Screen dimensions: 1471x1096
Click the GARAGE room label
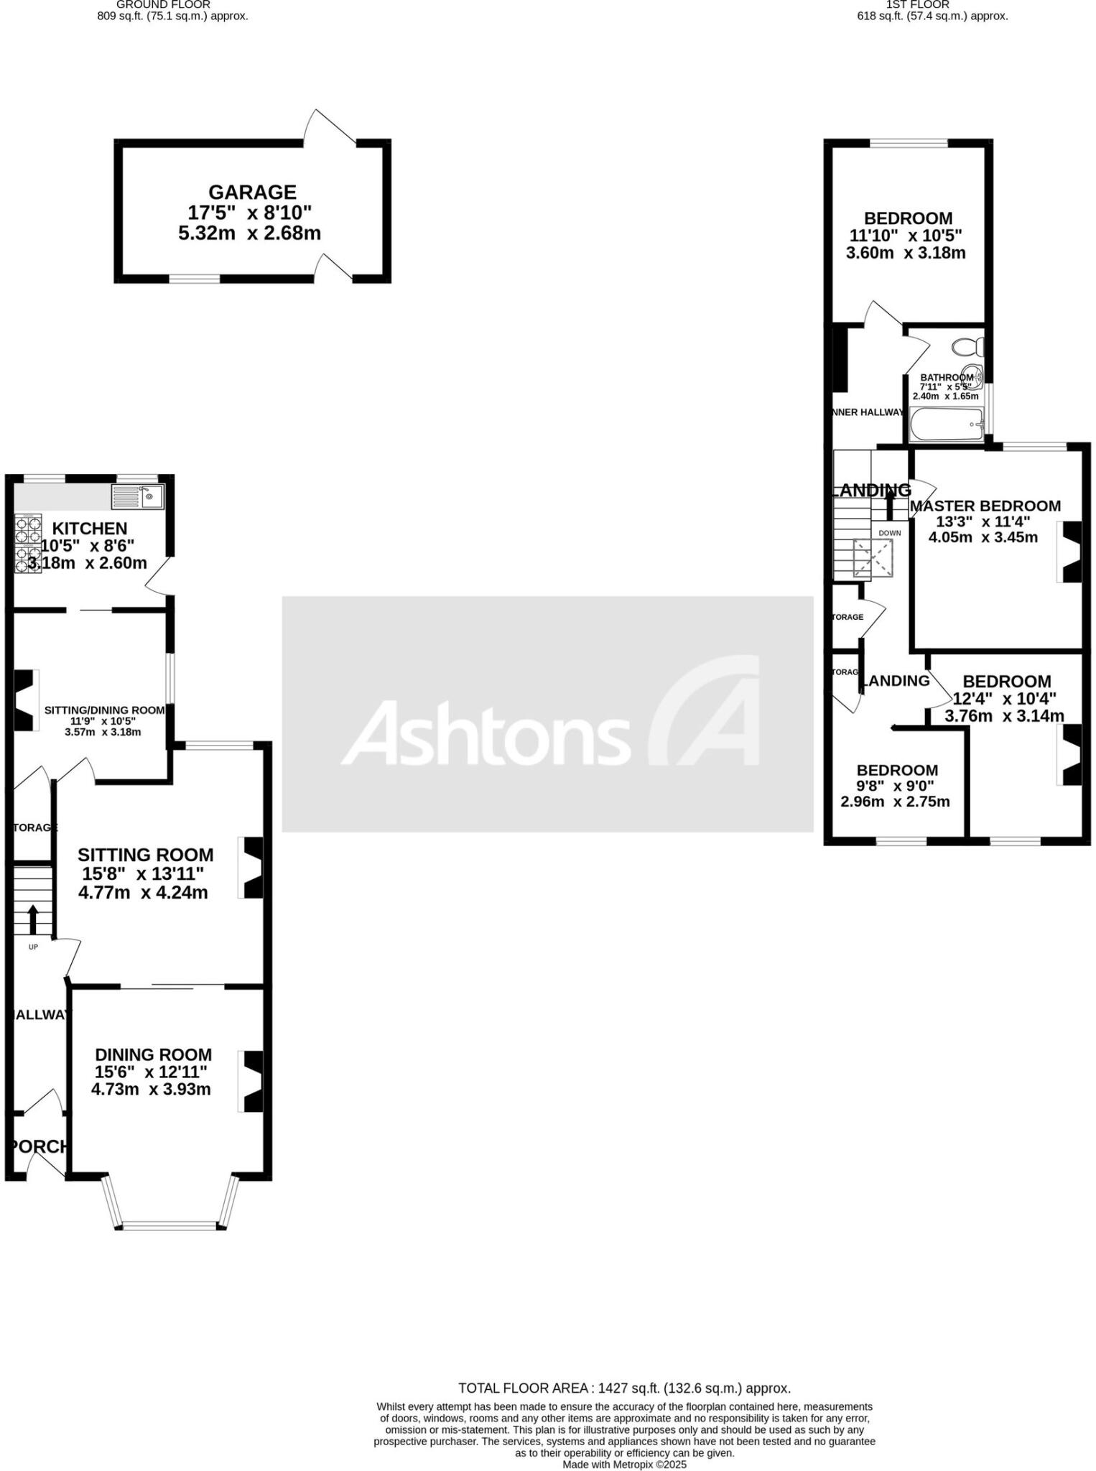(x=252, y=192)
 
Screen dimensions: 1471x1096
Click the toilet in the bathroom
(x=967, y=347)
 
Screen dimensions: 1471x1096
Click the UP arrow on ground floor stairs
(x=33, y=918)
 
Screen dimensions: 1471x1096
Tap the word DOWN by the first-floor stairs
(x=889, y=533)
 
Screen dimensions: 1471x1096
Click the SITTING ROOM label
(x=145, y=855)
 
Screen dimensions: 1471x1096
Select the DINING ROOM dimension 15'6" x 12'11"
(x=152, y=1072)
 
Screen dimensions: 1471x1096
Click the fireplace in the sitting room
(x=251, y=867)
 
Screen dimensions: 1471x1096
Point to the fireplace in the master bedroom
(x=1070, y=551)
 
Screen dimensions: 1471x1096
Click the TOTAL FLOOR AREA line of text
(x=624, y=1388)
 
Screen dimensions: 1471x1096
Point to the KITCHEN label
(x=89, y=529)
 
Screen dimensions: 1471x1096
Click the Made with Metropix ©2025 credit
(x=624, y=1465)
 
